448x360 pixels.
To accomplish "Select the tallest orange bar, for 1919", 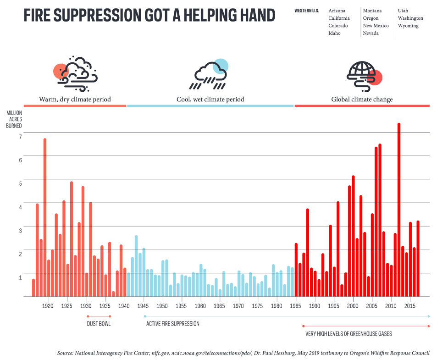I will click(x=45, y=217).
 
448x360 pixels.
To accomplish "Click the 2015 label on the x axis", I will click(x=410, y=305).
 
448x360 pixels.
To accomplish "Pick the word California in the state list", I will click(x=339, y=18).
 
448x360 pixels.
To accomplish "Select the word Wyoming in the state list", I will click(x=408, y=26).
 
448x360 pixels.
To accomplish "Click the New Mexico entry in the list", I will click(x=376, y=26).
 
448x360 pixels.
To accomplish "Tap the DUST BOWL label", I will click(x=99, y=324).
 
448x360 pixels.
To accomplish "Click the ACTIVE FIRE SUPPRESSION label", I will click(x=173, y=324).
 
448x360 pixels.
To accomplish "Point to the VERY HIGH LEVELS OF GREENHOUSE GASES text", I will click(x=348, y=333).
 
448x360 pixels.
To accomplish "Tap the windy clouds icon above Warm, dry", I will click(x=75, y=72).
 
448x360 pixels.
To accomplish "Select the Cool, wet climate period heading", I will click(x=210, y=100).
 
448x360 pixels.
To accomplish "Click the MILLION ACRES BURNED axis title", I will click(x=14, y=119).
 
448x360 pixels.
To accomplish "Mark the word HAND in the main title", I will click(x=255, y=16).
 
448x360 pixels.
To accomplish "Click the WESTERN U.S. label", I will click(x=307, y=11).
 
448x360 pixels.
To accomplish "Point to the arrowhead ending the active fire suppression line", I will click(x=429, y=316).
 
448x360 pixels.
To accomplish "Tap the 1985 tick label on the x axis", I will click(x=296, y=305).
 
